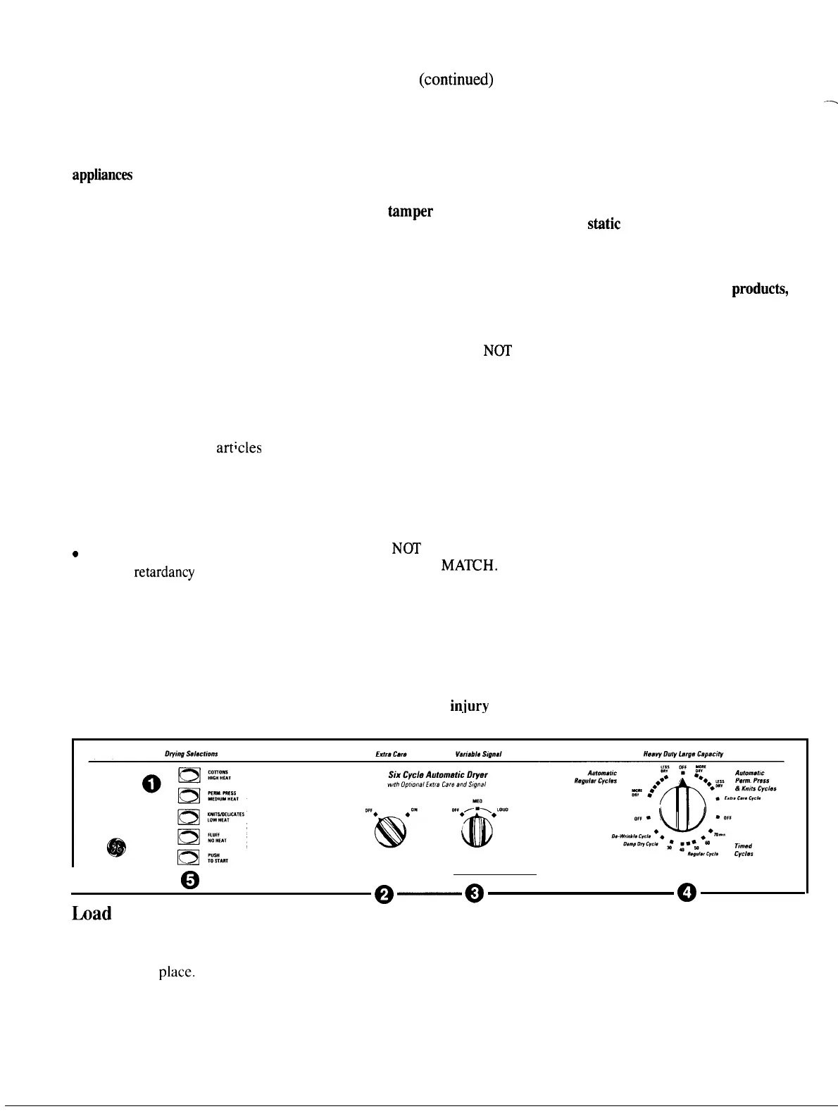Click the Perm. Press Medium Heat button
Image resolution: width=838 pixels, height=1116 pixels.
(190, 795)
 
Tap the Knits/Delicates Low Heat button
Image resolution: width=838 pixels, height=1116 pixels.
(190, 816)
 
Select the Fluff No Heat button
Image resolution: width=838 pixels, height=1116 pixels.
(190, 836)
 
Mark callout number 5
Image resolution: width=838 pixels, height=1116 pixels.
(190, 880)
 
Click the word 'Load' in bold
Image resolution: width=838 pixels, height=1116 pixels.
(92, 914)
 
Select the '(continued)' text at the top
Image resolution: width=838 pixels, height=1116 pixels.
(456, 80)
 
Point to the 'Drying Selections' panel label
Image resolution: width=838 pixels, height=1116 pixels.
(186, 754)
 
